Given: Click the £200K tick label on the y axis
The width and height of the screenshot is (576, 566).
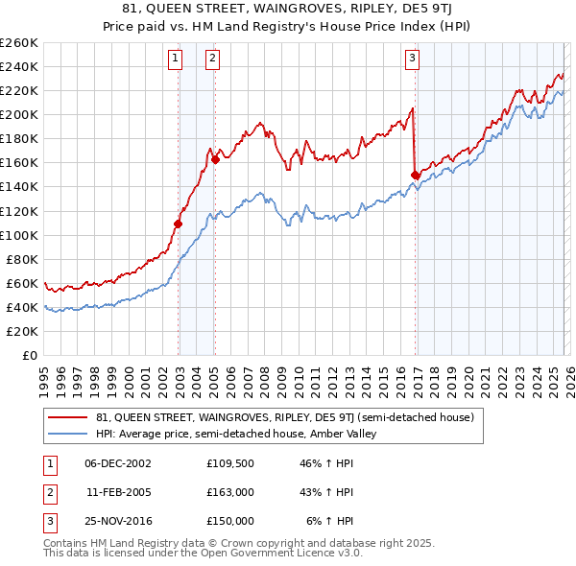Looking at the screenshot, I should (19, 114).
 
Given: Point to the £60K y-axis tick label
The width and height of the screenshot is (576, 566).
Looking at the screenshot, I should (22, 283).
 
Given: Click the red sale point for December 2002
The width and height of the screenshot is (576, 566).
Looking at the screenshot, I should (179, 224).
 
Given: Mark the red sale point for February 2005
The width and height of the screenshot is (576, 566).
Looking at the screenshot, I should (215, 159).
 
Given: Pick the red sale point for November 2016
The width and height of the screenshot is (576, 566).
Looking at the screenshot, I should (415, 175).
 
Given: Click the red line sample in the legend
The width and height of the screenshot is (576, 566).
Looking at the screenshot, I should (68, 417).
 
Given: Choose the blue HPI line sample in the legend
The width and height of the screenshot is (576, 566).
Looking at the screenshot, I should (68, 434).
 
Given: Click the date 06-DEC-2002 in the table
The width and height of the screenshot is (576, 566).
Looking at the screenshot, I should (118, 463).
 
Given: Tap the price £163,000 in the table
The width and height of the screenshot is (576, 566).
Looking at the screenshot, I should (230, 491).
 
